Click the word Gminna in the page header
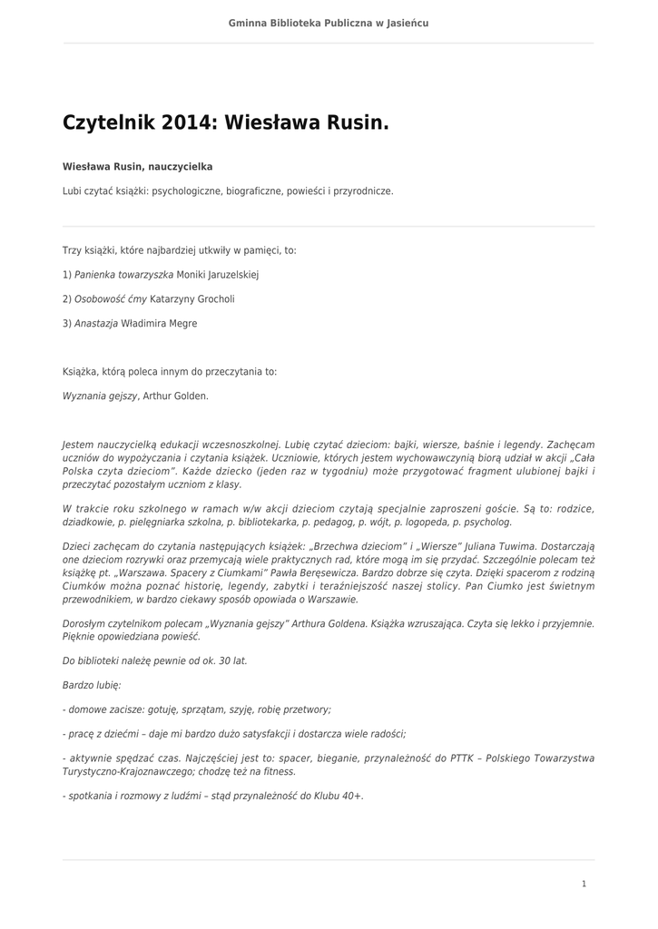[247, 23]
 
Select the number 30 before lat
[216, 660]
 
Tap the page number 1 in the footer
[584, 884]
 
